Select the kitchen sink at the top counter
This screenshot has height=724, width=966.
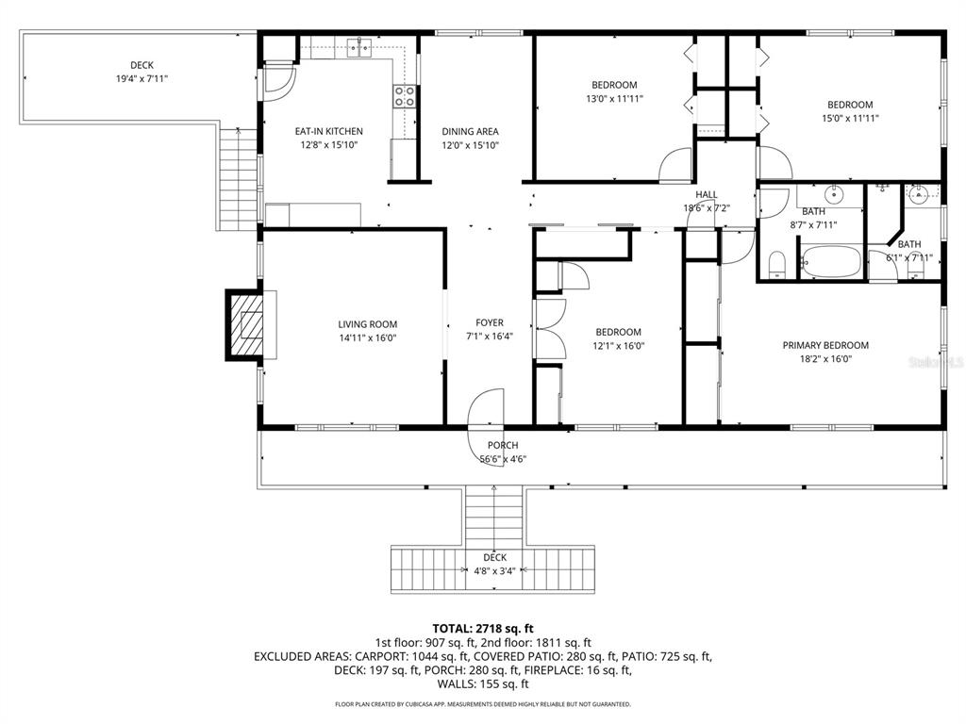pos(357,46)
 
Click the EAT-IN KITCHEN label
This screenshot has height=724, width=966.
pos(328,131)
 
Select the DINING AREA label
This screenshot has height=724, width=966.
pos(470,131)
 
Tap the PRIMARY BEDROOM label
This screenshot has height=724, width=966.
pos(825,345)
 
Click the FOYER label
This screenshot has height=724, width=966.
pos(489,322)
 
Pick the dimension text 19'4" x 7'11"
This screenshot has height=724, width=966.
pos(142,79)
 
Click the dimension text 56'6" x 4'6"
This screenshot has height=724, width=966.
pos(503,459)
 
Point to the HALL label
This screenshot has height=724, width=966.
pos(707,195)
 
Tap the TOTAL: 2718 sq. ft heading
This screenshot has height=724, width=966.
pos(483,627)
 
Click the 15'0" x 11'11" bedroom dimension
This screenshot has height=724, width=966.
pos(849,119)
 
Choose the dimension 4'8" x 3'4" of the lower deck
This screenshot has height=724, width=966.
pos(495,570)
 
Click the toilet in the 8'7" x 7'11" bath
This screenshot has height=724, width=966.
pos(777,263)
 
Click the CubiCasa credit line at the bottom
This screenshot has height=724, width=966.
pos(483,704)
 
